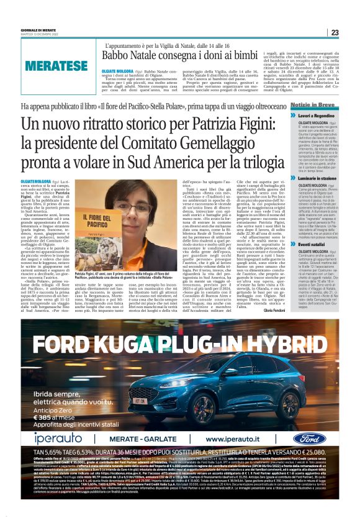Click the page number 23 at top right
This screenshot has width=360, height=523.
point(335,32)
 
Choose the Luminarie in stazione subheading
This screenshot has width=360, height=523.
point(320,178)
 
